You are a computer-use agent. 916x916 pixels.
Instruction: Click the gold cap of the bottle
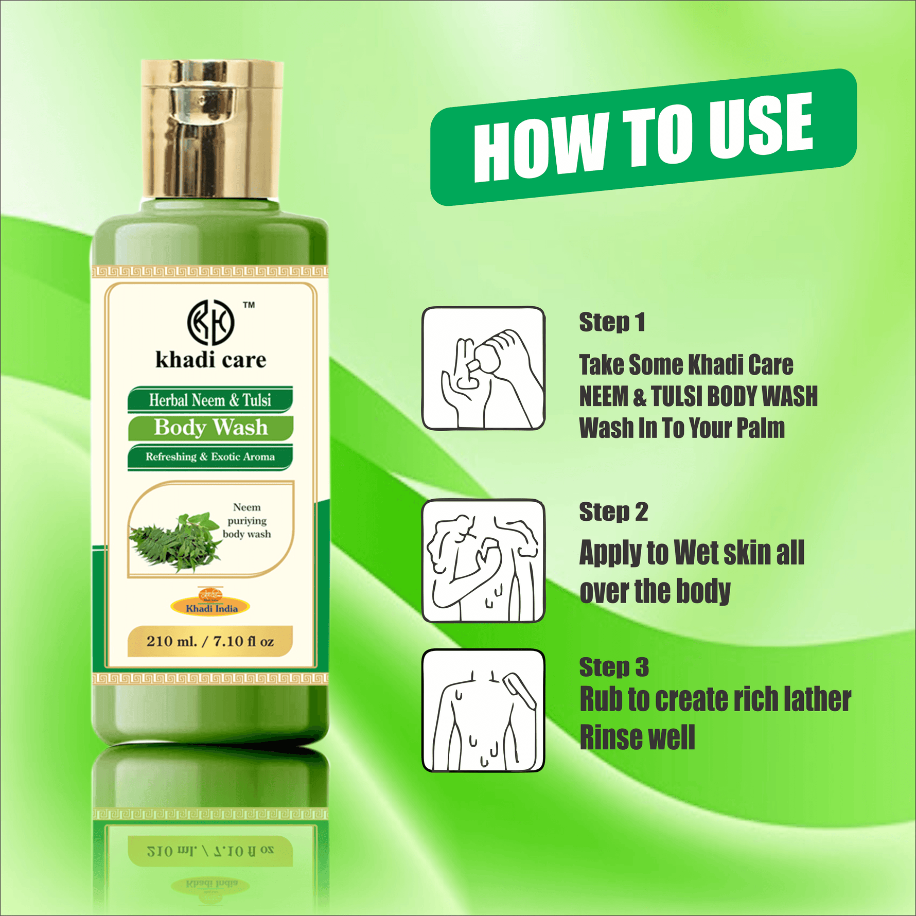(x=212, y=129)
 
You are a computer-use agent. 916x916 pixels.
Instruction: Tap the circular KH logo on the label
(x=210, y=323)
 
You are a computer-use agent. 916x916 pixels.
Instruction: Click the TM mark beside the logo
(x=249, y=305)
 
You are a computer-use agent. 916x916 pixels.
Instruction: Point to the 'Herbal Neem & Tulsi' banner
(x=210, y=400)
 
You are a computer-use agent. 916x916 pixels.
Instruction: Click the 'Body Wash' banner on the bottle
(x=210, y=428)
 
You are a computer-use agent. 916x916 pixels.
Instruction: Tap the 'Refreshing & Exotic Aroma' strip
(x=210, y=457)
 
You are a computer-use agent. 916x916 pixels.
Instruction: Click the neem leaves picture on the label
(x=175, y=541)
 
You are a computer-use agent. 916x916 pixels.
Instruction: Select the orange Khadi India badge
(x=211, y=606)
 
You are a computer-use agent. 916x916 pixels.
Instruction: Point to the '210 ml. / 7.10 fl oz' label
(x=210, y=641)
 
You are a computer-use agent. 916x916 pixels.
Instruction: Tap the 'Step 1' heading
(x=612, y=323)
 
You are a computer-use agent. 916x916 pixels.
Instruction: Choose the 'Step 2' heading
(x=613, y=512)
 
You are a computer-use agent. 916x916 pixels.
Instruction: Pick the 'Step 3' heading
(x=614, y=667)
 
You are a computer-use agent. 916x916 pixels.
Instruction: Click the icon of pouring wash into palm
(x=483, y=368)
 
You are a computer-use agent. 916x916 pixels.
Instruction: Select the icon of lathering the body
(x=483, y=560)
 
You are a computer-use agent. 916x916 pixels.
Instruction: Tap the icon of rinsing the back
(x=483, y=711)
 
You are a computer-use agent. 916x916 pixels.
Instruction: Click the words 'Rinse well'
(x=637, y=737)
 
